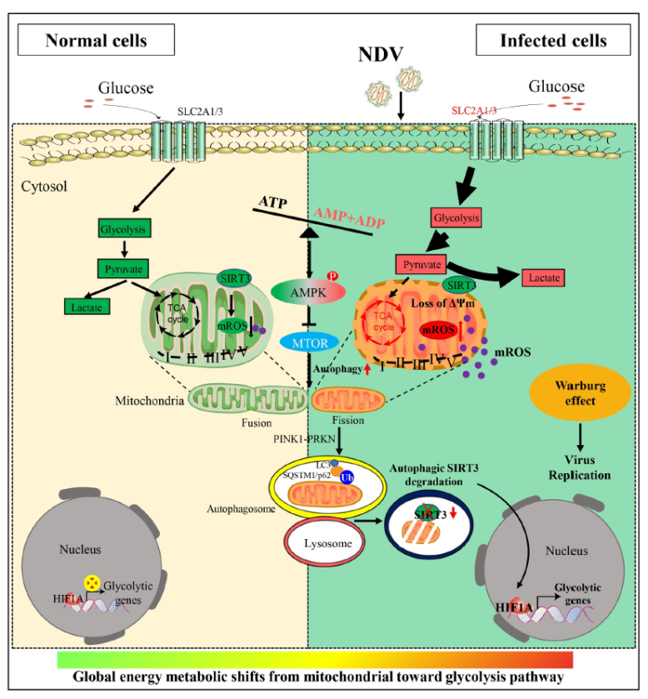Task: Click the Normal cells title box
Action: point(96,39)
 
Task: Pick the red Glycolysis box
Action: point(455,217)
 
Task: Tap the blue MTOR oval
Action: point(309,342)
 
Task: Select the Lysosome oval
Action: point(326,542)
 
